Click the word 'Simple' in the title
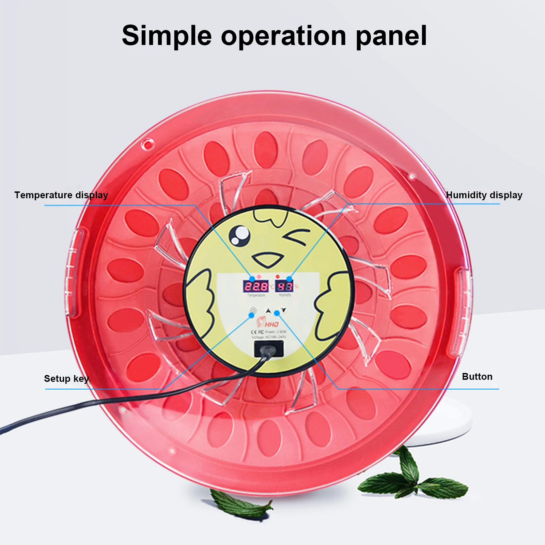point(167,36)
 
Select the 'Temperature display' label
point(61,195)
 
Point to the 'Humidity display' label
point(484,195)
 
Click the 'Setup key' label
point(66,378)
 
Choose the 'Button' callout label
point(477,376)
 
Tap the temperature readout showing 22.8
point(255,286)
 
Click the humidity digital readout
point(284,286)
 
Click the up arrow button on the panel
point(268,311)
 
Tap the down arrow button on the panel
point(284,310)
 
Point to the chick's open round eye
point(239,235)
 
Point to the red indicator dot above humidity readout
point(278,276)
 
